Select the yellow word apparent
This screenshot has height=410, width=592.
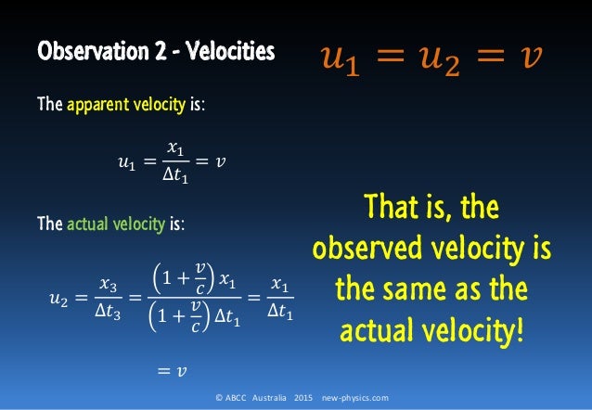94,106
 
